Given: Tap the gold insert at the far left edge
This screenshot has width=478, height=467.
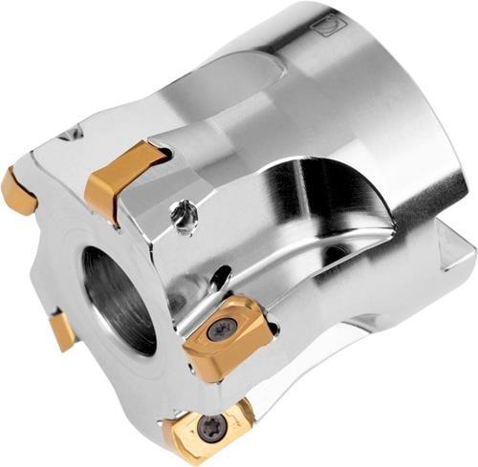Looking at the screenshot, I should click(16, 190).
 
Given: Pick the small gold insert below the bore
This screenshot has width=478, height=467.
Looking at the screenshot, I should click(62, 330).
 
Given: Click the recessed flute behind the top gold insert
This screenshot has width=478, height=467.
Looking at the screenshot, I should click(220, 86).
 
